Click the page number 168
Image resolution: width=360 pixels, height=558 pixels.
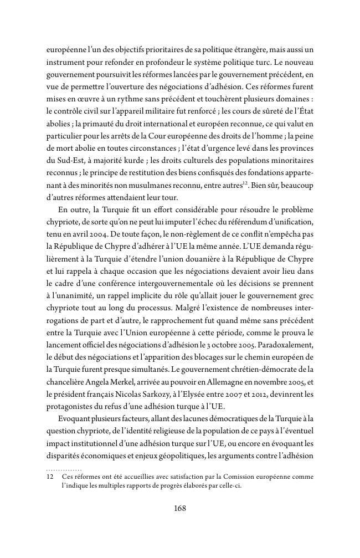[x=179, y=508]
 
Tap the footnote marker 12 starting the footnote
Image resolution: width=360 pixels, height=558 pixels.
[x=49, y=477]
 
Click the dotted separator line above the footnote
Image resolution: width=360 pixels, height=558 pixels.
[x=64, y=469]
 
